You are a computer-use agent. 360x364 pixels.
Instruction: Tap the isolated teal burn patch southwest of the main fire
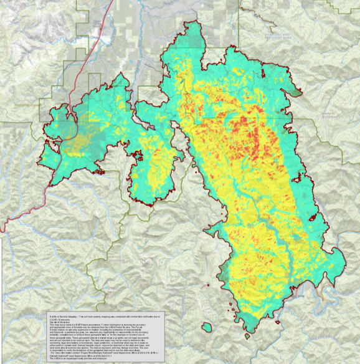coord(206,325)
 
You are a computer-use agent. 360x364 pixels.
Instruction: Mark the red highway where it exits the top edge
coord(115,2)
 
